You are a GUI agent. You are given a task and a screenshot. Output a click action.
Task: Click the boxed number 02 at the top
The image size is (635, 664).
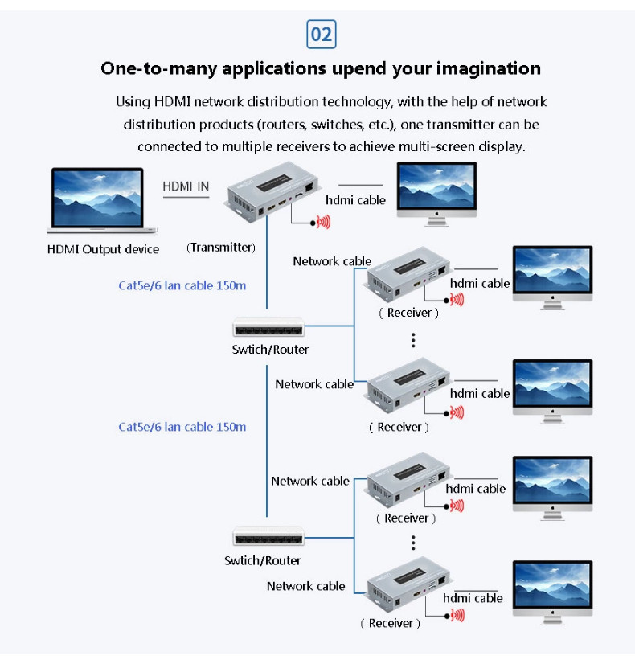point(322,35)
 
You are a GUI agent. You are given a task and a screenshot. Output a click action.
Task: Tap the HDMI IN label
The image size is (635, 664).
point(186,186)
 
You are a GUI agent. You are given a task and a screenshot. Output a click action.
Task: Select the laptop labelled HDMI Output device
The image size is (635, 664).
point(101,200)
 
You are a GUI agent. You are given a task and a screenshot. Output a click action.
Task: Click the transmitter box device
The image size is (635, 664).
point(273,191)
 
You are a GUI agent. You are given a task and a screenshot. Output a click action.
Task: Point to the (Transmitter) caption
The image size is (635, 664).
point(221,248)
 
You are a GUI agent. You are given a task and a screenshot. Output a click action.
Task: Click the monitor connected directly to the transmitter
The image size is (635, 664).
point(436,194)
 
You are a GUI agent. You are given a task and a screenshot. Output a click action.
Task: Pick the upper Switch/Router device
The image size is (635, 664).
point(268,326)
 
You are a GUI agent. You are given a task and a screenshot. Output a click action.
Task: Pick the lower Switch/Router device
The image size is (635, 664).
point(268,536)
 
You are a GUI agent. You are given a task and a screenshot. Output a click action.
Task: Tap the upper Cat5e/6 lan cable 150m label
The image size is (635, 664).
point(182,286)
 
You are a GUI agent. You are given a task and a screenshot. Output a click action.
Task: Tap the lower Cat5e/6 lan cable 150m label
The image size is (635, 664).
point(182,427)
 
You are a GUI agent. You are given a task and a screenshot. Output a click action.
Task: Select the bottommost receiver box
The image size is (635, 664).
point(408,584)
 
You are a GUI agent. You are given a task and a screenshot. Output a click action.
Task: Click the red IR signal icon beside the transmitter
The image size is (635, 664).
point(323,222)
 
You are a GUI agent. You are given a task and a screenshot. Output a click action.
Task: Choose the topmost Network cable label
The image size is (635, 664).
point(332,261)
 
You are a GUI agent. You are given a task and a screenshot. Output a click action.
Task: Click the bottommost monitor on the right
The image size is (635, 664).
point(552,592)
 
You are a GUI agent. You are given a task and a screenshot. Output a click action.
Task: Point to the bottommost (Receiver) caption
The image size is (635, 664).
point(391,623)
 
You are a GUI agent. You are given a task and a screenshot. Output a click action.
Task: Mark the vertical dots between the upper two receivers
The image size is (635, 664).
point(413,340)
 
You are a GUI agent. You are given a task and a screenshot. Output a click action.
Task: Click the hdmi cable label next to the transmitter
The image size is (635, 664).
point(355,200)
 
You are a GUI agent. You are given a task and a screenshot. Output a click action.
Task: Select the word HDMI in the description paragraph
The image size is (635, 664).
point(172,102)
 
